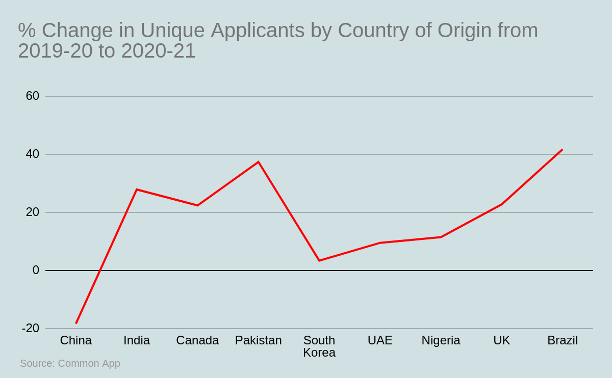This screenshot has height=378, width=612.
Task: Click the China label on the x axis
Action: [76, 340]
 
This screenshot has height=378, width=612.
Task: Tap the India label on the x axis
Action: [137, 340]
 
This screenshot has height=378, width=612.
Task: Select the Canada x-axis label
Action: [197, 340]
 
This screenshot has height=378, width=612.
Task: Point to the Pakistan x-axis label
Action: [258, 340]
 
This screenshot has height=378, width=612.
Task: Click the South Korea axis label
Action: [319, 346]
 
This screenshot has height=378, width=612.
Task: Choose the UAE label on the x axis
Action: [380, 340]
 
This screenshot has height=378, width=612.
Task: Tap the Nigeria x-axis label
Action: [441, 340]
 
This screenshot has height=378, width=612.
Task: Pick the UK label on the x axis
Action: [501, 340]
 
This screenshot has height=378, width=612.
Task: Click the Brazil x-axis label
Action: [563, 340]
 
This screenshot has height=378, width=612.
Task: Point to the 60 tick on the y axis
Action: [33, 96]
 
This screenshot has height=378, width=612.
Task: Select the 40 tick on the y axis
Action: [33, 154]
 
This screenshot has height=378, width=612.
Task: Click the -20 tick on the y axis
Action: [31, 328]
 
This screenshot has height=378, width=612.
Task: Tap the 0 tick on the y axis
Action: [36, 270]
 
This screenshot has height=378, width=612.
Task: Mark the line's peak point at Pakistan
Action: [258, 162]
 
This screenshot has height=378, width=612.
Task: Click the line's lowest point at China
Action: [76, 323]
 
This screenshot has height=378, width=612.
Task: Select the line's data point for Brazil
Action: [562, 149]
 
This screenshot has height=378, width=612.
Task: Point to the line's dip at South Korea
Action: [319, 261]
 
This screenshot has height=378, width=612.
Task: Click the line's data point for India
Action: [137, 190]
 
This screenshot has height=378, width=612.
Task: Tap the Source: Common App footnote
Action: [70, 363]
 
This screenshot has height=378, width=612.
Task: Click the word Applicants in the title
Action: [258, 31]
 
